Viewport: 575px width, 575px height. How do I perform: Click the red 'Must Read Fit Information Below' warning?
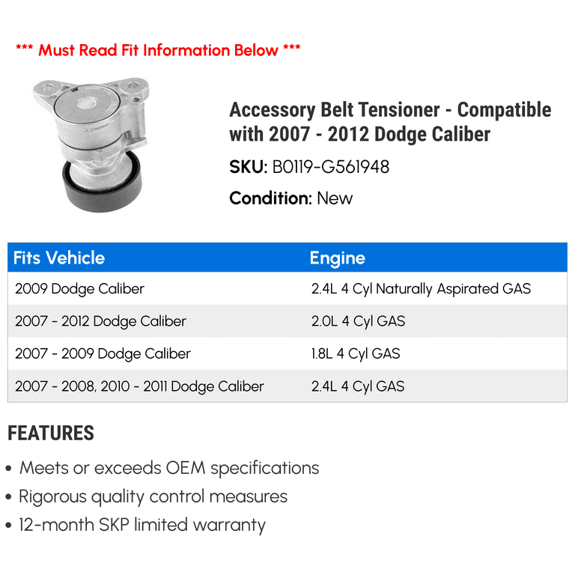click(158, 50)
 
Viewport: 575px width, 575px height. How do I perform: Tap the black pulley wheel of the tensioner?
click(102, 191)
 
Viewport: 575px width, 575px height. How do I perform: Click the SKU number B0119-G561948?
click(330, 167)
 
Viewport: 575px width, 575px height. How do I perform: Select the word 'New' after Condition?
click(335, 198)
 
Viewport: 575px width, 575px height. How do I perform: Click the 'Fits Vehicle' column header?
click(59, 258)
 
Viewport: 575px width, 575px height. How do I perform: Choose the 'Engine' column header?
click(338, 258)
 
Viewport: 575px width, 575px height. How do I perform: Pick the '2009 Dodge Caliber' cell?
click(79, 289)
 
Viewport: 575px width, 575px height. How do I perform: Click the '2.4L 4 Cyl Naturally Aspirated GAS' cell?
click(421, 289)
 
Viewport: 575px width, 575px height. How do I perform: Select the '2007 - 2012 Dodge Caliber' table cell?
click(100, 322)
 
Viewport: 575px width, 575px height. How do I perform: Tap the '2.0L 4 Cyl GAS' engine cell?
click(359, 322)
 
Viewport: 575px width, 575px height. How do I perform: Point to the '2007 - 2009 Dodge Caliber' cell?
click(103, 354)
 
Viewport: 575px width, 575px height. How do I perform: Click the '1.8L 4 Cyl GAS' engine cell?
click(356, 354)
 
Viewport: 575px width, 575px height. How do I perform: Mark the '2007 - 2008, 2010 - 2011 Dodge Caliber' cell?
click(139, 386)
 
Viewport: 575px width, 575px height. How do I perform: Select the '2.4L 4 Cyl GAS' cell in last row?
click(358, 386)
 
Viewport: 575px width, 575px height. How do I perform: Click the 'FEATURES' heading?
click(51, 433)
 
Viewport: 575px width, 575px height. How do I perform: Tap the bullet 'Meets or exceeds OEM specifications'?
click(169, 468)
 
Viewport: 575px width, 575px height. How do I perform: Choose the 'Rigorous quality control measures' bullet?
click(153, 497)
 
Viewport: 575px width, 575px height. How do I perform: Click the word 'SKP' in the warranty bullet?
click(114, 525)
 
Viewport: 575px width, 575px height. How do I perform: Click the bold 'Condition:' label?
click(270, 198)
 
